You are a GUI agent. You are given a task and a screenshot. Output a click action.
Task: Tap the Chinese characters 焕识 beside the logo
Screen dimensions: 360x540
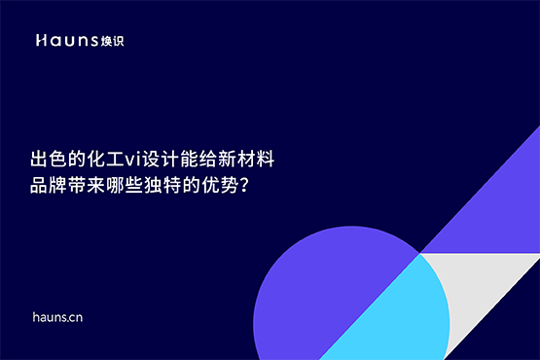click(x=112, y=41)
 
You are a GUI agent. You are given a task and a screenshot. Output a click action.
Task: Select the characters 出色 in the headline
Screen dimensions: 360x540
click(x=49, y=157)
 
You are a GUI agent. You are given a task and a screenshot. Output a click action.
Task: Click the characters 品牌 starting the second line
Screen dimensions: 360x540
click(x=49, y=183)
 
